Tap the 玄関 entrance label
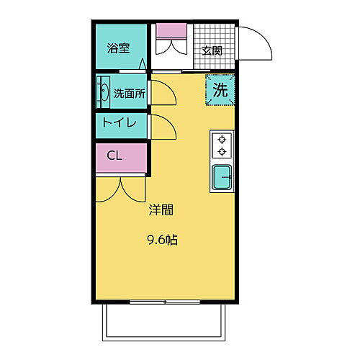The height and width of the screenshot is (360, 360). pyautogui.click(x=212, y=50)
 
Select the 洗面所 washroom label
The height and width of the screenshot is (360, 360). pyautogui.click(x=130, y=93)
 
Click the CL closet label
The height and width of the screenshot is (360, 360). pyautogui.click(x=114, y=155)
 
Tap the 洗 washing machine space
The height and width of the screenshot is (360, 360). pyautogui.click(x=220, y=90)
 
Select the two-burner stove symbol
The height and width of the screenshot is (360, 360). pyautogui.click(x=222, y=145)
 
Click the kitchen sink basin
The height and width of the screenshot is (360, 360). pyautogui.click(x=222, y=177)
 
